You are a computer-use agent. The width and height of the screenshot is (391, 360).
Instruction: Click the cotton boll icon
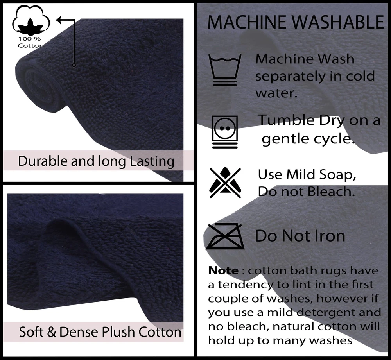pyautogui.click(x=31, y=20)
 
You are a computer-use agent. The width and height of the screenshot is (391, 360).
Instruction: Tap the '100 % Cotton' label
pyautogui.click(x=30, y=42)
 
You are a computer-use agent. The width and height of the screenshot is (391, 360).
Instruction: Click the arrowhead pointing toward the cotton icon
pyautogui.click(x=59, y=20)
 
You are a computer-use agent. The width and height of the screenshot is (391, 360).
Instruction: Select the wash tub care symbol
pyautogui.click(x=225, y=70)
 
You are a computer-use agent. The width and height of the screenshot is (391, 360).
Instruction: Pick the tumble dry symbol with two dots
pyautogui.click(x=225, y=132)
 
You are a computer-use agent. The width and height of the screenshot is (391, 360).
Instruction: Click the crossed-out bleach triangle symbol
pyautogui.click(x=225, y=183)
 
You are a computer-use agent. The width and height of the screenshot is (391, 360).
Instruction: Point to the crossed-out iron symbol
pyautogui.click(x=225, y=236)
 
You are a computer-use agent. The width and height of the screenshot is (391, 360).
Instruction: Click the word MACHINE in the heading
pyautogui.click(x=247, y=22)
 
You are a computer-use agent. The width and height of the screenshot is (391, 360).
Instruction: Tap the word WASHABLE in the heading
pyautogui.click(x=338, y=22)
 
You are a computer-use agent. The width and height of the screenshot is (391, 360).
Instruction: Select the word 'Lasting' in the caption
pyautogui.click(x=152, y=161)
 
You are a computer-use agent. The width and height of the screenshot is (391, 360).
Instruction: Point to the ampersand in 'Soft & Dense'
pyautogui.click(x=51, y=332)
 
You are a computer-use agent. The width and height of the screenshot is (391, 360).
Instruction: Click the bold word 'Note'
pyautogui.click(x=223, y=270)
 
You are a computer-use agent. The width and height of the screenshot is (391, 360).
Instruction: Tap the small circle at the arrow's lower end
pyautogui.click(x=74, y=65)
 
